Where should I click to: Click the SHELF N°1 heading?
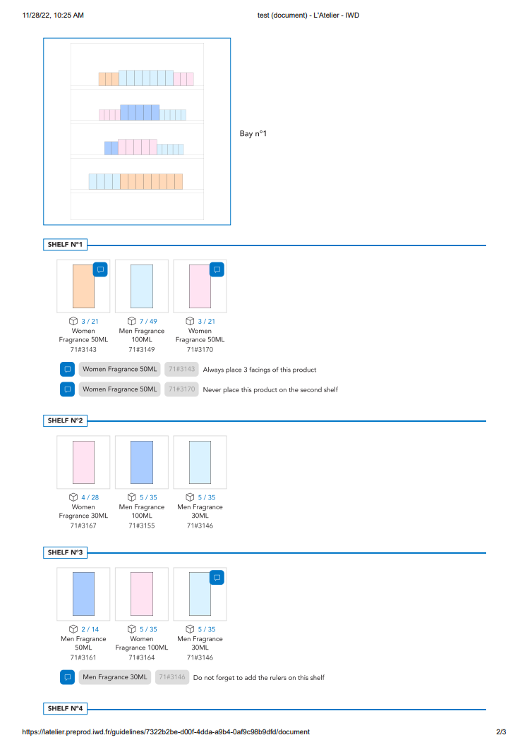[x=65, y=244]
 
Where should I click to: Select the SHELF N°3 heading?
[x=65, y=552]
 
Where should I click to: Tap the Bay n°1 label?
[x=253, y=134]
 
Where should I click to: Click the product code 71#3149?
[x=142, y=350]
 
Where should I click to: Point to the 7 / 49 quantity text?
[x=148, y=322]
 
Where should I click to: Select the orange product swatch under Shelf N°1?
[x=83, y=286]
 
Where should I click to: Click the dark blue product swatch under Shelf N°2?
[x=142, y=462]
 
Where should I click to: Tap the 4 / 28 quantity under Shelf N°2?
[x=90, y=497]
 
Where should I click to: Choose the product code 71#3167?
[x=83, y=526]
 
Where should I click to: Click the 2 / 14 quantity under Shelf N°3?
[x=90, y=629]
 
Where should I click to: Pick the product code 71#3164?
[x=142, y=658]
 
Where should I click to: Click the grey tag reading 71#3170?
[x=181, y=389]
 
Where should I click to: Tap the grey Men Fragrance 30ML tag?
[x=115, y=677]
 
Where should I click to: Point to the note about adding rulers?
[x=259, y=677]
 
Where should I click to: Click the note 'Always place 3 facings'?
[x=260, y=370]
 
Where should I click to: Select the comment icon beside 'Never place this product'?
[x=68, y=389]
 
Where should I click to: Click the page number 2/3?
[x=501, y=731]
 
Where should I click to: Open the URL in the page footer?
[x=166, y=731]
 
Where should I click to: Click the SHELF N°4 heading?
[x=65, y=708]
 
